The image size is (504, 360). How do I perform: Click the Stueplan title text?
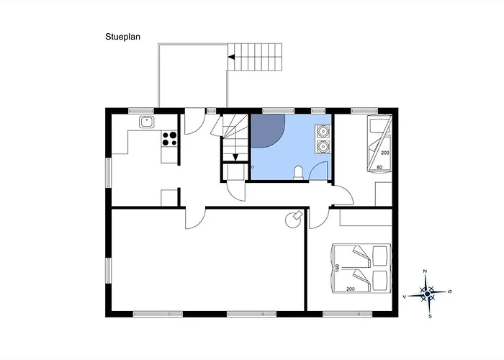(122, 37)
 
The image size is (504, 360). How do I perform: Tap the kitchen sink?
(147, 122)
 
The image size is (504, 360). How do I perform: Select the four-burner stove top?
(169, 138)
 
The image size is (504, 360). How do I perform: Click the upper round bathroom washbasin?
(322, 131)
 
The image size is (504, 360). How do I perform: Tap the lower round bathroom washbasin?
(322, 147)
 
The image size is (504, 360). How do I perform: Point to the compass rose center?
(427, 294)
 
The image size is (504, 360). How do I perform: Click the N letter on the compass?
(425, 271)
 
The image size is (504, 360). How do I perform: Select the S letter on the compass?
(430, 316)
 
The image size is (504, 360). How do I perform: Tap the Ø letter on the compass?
(450, 292)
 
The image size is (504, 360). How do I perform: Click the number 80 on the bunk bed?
(379, 167)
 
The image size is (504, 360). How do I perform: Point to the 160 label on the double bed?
(337, 268)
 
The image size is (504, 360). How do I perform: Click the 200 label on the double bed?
(351, 289)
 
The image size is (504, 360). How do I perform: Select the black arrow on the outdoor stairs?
(231, 57)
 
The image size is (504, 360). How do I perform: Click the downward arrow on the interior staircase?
(235, 157)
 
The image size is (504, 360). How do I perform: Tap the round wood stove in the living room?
(293, 220)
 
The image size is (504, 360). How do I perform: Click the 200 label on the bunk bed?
(385, 153)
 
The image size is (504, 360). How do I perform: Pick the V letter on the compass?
(405, 297)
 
